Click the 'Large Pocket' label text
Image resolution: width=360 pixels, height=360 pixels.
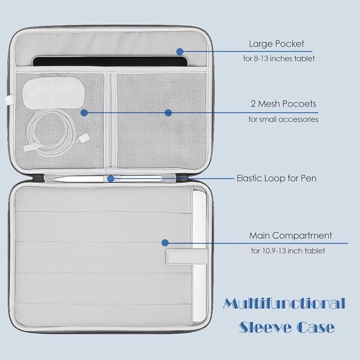(276, 43)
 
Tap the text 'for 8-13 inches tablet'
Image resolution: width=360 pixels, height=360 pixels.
(279, 58)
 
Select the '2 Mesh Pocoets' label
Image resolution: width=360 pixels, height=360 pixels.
(283, 104)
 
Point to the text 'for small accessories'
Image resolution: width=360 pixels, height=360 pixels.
(283, 119)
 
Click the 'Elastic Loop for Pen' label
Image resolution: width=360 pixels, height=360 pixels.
(277, 178)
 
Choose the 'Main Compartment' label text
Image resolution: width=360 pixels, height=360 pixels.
(291, 235)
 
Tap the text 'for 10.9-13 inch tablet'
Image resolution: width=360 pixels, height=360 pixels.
(288, 250)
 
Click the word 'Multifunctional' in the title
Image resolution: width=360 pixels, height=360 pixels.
(284, 303)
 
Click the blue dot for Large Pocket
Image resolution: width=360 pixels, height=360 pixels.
(180, 51)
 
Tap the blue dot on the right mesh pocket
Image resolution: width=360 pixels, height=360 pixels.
(168, 113)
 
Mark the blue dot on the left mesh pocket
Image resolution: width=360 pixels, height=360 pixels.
(84, 113)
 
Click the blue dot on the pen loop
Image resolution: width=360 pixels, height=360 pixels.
(111, 179)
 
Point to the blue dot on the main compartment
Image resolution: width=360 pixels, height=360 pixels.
(165, 243)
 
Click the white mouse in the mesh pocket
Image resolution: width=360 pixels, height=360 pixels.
(54, 93)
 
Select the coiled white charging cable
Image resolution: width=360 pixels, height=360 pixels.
(54, 132)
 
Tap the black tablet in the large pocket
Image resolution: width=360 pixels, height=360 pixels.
(110, 62)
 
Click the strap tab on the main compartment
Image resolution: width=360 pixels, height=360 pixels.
(187, 257)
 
